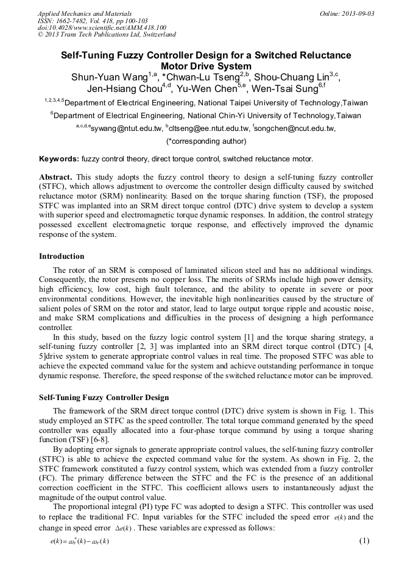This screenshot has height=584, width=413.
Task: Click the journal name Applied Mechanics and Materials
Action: click(85, 13)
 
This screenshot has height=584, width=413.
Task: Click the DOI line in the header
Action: click(102, 27)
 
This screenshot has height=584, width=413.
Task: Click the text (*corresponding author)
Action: click(206, 141)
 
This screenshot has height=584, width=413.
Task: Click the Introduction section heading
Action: click(62, 256)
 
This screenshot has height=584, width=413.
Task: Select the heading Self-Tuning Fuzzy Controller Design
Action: click(104, 398)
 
